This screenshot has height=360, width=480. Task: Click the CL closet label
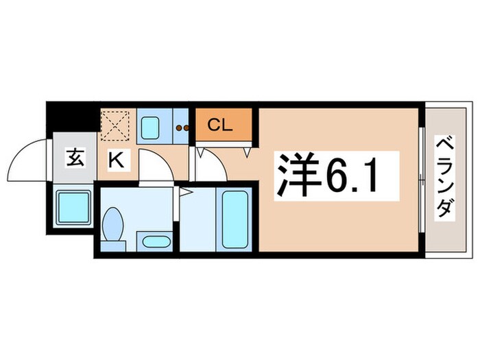220,125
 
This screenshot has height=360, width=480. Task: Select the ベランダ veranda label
446,177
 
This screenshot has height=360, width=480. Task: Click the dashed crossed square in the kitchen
115,124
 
